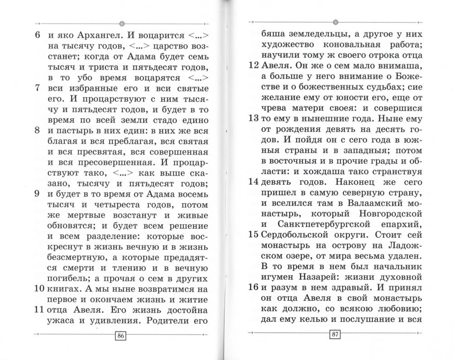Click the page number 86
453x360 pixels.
coord(120,336)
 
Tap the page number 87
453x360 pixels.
coord(335,336)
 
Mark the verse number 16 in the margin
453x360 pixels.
coord(254,287)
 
